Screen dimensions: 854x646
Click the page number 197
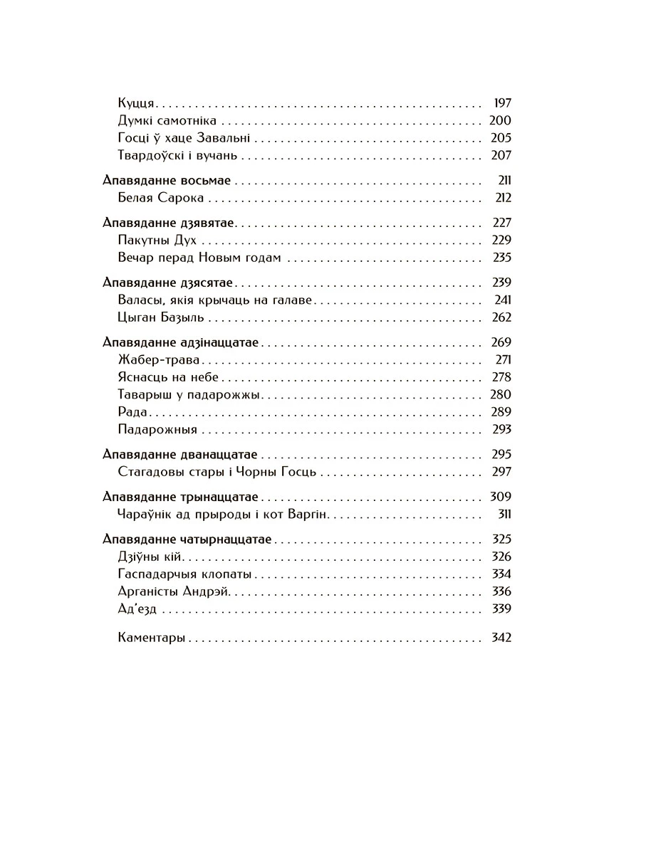click(x=502, y=103)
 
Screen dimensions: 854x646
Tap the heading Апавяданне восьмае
click(x=167, y=181)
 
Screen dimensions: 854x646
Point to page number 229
click(x=501, y=241)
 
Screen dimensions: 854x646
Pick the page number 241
click(x=503, y=300)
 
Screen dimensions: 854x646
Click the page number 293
click(x=501, y=429)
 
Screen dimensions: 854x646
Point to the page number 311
click(x=504, y=514)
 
